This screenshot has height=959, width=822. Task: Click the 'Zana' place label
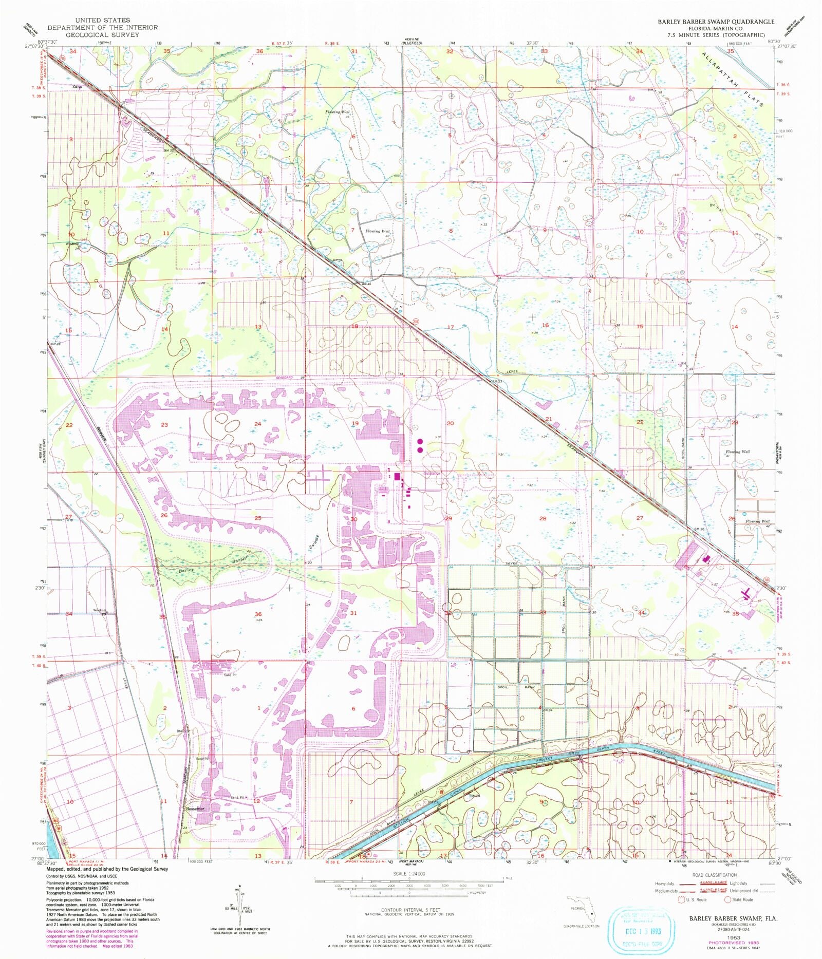click(x=77, y=86)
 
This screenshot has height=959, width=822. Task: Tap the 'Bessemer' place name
click(x=195, y=808)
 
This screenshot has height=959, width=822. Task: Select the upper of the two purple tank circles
click(x=420, y=441)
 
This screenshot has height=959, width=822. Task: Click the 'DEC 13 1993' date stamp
click(x=638, y=931)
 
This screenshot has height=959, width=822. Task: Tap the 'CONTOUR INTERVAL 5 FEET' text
click(x=409, y=910)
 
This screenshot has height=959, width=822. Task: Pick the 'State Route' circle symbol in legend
click(x=727, y=899)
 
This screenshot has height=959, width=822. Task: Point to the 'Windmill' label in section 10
click(x=72, y=244)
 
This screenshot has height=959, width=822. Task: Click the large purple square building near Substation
click(x=398, y=477)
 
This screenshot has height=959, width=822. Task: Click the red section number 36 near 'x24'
click(x=258, y=614)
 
